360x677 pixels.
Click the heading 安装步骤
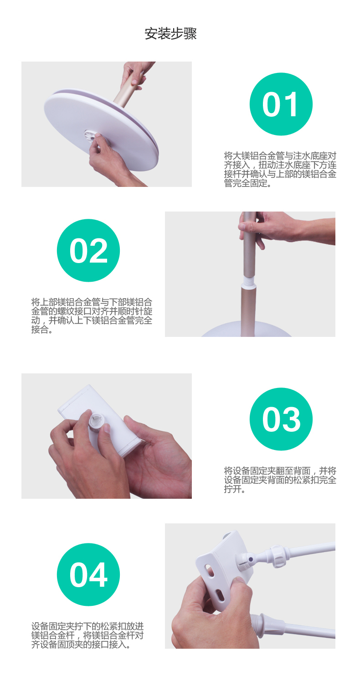pyautogui.click(x=170, y=34)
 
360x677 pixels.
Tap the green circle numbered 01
pyautogui.click(x=281, y=104)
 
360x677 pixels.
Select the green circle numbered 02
pyautogui.click(x=88, y=251)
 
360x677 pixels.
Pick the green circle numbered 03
pyautogui.click(x=281, y=419)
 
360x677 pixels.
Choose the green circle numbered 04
pyautogui.click(x=88, y=574)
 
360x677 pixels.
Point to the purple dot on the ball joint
pyautogui.click(x=250, y=559)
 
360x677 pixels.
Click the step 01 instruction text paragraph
pyautogui.click(x=280, y=169)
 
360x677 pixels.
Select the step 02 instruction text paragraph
pyautogui.click(x=92, y=315)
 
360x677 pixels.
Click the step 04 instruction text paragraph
pyautogui.click(x=87, y=636)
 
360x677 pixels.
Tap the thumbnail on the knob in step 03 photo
pyautogui.click(x=107, y=428)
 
